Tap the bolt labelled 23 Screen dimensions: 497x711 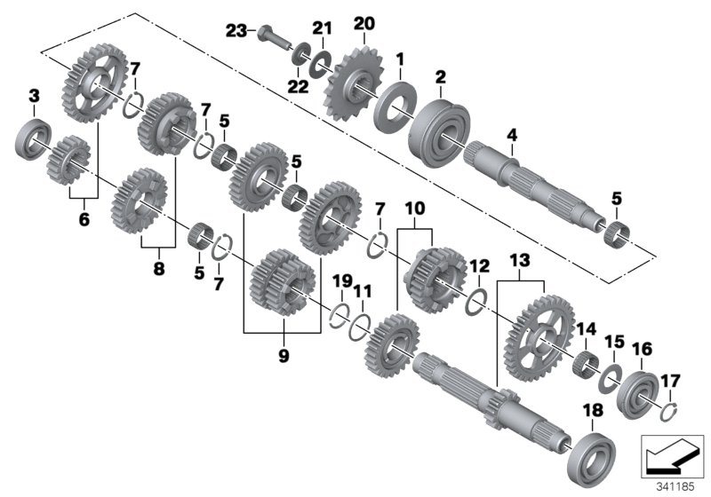271,37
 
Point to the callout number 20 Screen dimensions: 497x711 364,22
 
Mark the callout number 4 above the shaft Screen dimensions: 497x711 511,135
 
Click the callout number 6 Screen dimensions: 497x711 84,218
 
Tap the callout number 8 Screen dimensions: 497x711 159,266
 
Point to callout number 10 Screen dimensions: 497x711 415,209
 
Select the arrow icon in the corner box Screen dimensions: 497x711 666,456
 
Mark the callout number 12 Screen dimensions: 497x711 479,265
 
